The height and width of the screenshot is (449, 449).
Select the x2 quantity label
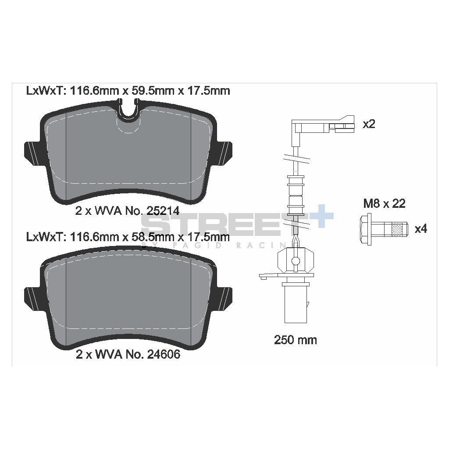coord(369,124)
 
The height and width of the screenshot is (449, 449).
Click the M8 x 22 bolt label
coord(384,203)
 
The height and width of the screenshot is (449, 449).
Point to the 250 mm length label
coord(296,340)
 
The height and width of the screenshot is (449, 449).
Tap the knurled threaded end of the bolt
coord(397,229)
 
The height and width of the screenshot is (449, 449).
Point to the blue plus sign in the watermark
coord(322,216)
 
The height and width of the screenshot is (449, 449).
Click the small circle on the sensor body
coord(296,261)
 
